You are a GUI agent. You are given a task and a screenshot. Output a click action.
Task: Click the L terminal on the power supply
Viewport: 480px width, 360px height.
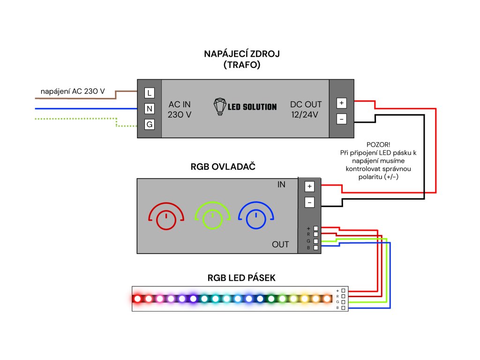click(x=150, y=93)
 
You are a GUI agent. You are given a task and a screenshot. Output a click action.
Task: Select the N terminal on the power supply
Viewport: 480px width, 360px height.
click(x=150, y=109)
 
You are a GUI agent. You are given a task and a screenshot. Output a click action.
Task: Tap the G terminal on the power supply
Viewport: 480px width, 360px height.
click(x=150, y=125)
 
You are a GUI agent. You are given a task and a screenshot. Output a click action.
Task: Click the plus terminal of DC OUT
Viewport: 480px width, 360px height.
click(x=342, y=103)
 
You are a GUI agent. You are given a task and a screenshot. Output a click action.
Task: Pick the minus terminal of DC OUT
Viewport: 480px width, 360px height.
click(x=342, y=119)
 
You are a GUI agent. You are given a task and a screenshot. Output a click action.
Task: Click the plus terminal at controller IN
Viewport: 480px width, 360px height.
click(x=309, y=186)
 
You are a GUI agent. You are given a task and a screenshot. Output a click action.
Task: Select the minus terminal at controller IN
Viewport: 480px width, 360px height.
click(x=309, y=202)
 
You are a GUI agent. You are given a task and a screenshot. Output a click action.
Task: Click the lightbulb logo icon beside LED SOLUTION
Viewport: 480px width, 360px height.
click(x=219, y=106)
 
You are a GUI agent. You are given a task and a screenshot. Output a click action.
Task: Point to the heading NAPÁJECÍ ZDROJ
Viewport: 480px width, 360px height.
click(x=242, y=54)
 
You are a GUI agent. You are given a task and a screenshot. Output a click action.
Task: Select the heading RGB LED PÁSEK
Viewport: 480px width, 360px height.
click(x=241, y=278)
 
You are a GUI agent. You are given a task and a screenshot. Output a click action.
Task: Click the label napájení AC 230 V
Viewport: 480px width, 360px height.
click(x=73, y=91)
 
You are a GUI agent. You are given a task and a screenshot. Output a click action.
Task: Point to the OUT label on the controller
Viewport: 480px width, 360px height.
click(x=280, y=244)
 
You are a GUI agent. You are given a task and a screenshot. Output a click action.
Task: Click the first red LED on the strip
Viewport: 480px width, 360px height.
click(x=137, y=298)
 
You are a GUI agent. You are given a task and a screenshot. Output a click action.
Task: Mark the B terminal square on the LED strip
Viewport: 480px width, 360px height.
click(x=344, y=308)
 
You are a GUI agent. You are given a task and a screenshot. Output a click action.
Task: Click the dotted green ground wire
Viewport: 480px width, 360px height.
click(x=75, y=119)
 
